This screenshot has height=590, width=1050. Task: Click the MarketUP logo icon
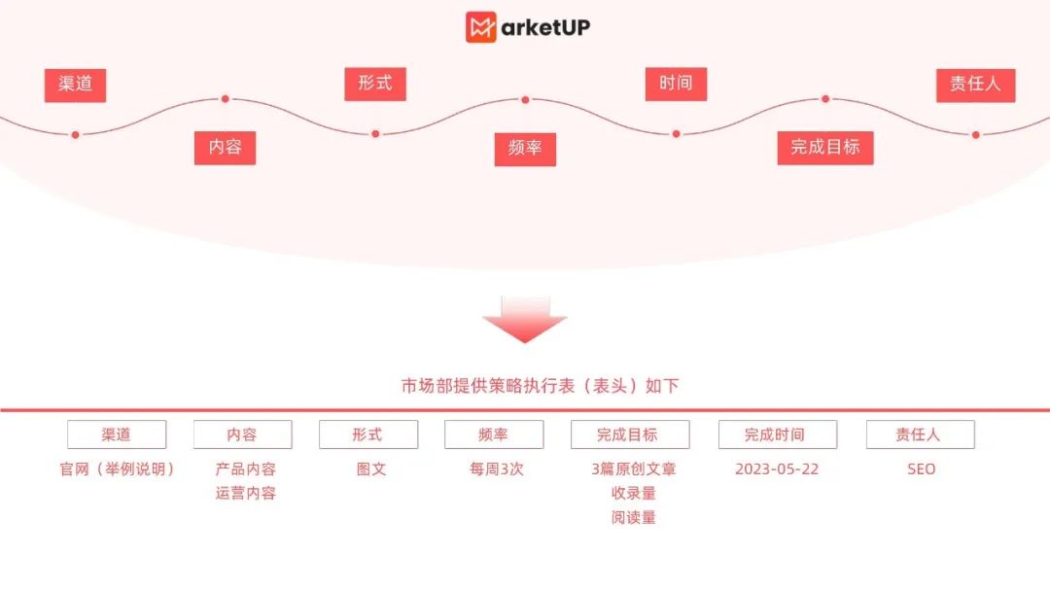click(481, 26)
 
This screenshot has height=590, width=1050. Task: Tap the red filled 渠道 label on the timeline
click(75, 85)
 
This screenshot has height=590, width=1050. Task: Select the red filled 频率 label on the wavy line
click(525, 149)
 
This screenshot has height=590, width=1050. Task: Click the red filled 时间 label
click(676, 84)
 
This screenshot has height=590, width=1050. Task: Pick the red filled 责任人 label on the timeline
click(975, 85)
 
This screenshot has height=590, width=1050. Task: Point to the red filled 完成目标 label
click(825, 148)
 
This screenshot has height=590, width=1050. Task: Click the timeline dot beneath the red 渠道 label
click(75, 134)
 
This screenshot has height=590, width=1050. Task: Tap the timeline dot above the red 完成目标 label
click(825, 99)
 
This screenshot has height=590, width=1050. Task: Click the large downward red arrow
click(525, 320)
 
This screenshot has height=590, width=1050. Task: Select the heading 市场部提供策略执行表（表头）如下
click(541, 386)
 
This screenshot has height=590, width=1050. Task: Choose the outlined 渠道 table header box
click(117, 434)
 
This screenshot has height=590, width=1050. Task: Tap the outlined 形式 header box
click(367, 434)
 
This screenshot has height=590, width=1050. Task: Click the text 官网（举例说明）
click(117, 469)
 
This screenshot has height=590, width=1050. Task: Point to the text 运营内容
click(246, 494)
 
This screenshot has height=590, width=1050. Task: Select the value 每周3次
click(496, 469)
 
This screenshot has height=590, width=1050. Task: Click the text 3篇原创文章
click(633, 469)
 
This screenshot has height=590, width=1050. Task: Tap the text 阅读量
click(633, 518)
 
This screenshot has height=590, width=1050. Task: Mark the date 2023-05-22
click(777, 469)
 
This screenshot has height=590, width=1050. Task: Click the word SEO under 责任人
click(921, 469)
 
